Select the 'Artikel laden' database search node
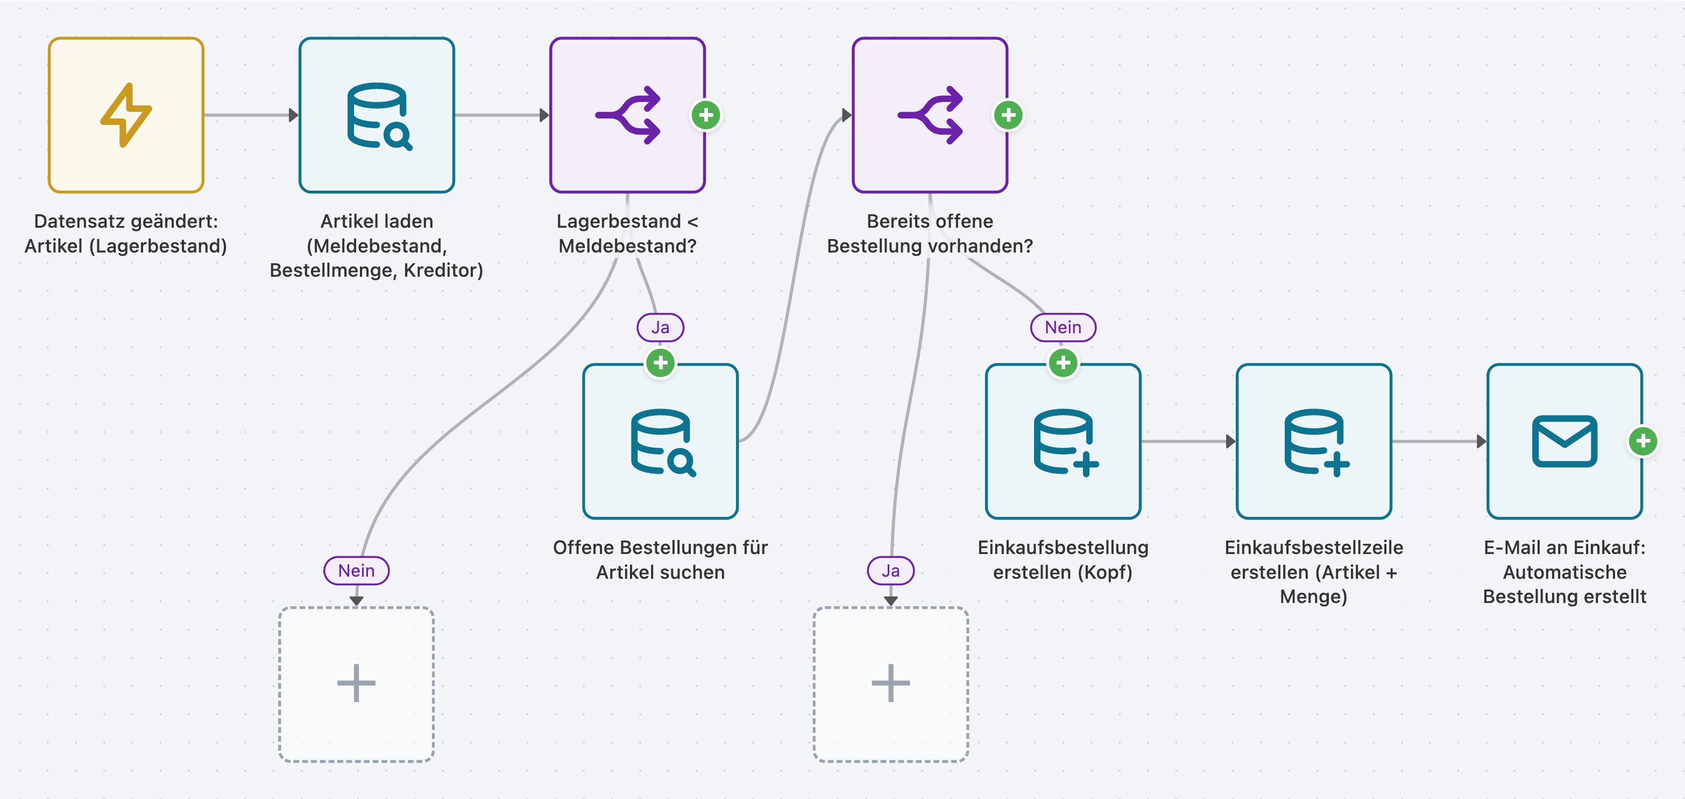click(x=377, y=115)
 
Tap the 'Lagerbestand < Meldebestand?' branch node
click(x=627, y=115)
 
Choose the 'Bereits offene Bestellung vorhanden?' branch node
click(x=930, y=115)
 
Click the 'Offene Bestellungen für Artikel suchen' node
click(x=661, y=441)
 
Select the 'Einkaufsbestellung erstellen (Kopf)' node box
click(x=1063, y=441)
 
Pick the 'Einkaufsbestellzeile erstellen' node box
click(x=1313, y=441)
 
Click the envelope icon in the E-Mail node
click(x=1564, y=441)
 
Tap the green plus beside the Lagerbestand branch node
click(x=706, y=115)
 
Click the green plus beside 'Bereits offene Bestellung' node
click(x=1008, y=115)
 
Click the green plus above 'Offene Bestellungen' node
click(x=661, y=362)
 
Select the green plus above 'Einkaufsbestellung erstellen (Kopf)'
click(x=1063, y=362)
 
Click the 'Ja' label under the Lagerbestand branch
click(x=661, y=327)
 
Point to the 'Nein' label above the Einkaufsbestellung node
click(x=1063, y=327)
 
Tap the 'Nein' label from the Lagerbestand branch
click(x=357, y=571)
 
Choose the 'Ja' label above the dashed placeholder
click(x=890, y=571)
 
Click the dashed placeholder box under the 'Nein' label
click(x=357, y=684)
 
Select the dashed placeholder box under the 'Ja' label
click(x=891, y=684)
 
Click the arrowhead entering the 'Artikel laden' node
click(x=294, y=115)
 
